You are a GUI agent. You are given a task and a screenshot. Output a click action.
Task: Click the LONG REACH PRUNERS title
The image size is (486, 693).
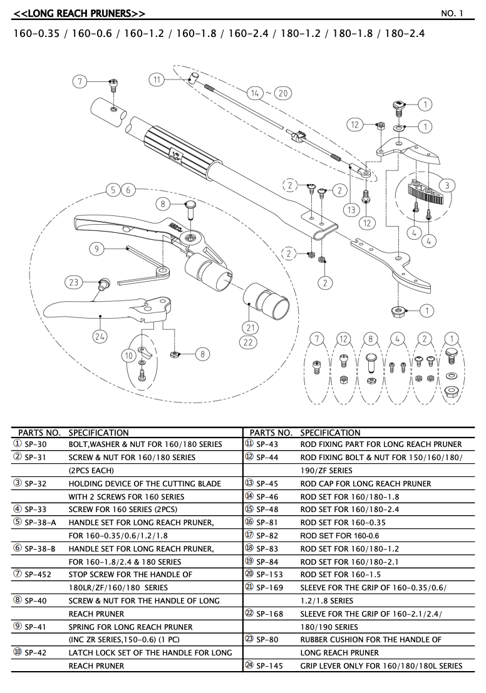80,13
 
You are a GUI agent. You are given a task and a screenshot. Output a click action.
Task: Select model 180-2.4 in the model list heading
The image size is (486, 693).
405,33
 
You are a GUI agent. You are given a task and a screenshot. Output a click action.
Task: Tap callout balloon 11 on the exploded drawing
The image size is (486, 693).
157,80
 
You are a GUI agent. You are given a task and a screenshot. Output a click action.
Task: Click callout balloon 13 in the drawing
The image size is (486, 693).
351,210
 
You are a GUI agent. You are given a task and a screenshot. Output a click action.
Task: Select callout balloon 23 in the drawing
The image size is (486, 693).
75,282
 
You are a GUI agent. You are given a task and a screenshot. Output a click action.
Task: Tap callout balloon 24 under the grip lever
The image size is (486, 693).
100,336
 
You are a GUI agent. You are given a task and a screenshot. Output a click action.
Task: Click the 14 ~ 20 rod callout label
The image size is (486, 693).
269,93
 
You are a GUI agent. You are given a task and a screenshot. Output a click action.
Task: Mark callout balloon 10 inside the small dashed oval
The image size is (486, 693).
129,356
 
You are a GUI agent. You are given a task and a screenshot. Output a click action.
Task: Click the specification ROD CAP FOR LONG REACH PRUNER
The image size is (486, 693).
365,483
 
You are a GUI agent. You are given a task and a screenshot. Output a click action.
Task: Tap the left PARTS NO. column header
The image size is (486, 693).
39,433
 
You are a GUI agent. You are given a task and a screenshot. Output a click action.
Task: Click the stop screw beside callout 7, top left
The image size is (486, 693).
113,86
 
